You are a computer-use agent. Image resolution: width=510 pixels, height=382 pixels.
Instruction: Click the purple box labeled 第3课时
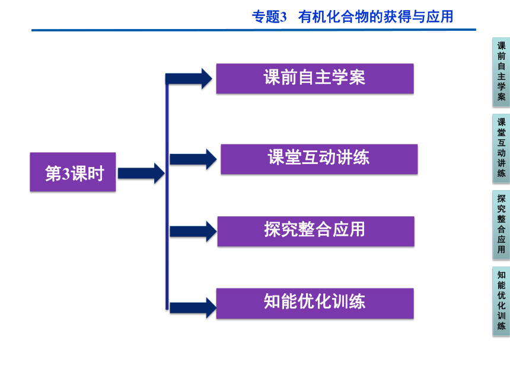73,172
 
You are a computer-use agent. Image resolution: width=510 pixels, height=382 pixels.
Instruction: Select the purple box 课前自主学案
315,79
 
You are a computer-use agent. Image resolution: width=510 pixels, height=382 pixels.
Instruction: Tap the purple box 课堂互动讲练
319,159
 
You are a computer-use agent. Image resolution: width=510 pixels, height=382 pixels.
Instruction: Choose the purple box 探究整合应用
316,232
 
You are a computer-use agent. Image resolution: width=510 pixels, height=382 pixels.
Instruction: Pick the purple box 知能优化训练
315,303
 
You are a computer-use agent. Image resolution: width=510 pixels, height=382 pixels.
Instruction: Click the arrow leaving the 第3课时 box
141,174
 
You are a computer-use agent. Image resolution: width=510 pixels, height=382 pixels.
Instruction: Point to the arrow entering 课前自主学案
189,79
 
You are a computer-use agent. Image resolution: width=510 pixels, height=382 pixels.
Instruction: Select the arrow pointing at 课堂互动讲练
193,159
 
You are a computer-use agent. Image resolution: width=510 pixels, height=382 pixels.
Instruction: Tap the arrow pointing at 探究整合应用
193,232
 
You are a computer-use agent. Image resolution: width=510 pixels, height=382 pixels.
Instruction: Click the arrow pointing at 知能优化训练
193,308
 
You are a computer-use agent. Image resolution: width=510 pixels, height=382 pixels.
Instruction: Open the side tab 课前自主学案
501,72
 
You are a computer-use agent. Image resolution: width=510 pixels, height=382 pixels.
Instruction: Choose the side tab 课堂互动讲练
501,148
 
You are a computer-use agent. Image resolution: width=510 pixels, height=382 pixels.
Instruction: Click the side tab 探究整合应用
501,225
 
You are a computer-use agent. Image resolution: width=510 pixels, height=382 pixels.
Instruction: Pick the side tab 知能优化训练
501,301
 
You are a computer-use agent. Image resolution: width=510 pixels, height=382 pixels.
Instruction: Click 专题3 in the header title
269,17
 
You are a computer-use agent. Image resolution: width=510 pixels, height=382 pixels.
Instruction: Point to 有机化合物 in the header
334,17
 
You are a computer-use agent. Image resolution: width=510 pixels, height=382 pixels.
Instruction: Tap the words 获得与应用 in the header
418,17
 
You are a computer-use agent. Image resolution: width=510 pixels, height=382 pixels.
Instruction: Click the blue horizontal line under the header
254,30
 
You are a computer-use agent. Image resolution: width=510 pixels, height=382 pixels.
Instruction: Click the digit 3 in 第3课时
66,174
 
